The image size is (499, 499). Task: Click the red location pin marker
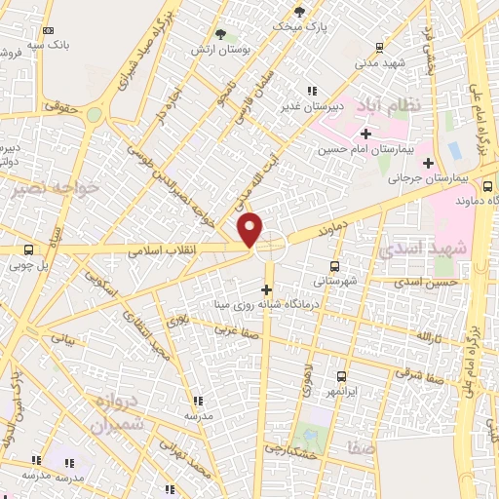tap(251, 229)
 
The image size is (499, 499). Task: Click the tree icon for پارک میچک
tap(298, 12)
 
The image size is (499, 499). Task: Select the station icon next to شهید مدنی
tap(380, 48)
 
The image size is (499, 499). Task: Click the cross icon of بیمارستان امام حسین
tap(365, 134)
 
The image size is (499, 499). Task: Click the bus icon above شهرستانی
tap(335, 265)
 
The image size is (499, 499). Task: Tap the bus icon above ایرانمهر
tap(341, 376)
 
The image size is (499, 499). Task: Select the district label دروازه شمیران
tap(118, 413)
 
